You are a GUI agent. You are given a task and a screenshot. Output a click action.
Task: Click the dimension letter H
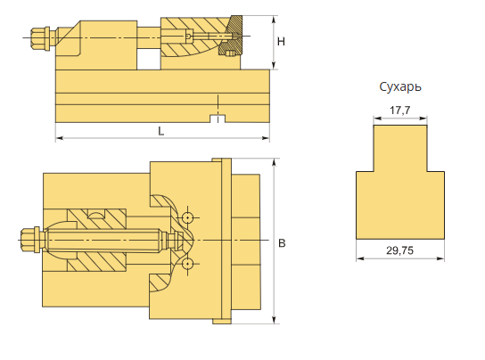point(281,41)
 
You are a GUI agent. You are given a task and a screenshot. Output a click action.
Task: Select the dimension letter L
point(160,131)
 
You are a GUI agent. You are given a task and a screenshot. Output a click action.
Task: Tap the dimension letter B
point(282,243)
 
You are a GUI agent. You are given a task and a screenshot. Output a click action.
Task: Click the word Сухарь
point(400,87)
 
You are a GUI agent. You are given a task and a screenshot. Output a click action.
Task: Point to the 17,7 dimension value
point(400,110)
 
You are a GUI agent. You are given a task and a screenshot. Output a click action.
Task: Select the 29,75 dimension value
point(399,250)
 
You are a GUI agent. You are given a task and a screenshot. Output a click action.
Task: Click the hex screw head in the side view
point(38,38)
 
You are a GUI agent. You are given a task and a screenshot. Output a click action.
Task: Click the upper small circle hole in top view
point(187,217)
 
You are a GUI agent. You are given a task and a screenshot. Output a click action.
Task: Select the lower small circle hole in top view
point(187,264)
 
